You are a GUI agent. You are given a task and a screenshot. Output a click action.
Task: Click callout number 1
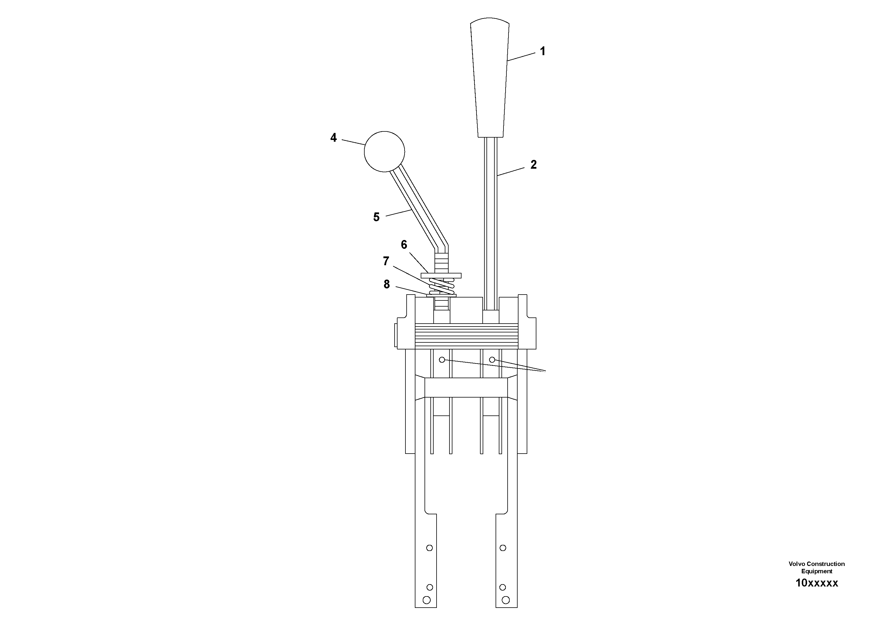(x=543, y=51)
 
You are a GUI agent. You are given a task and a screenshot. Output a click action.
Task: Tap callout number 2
(x=533, y=165)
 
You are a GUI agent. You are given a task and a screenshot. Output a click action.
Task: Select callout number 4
(x=334, y=138)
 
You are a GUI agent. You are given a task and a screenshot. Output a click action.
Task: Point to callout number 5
(x=376, y=217)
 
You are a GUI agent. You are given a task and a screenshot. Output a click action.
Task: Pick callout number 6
(x=404, y=245)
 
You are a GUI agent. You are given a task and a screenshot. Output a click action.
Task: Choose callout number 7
(x=386, y=261)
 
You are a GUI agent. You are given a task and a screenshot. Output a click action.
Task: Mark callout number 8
(x=386, y=284)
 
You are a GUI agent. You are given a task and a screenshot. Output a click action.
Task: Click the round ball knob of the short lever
(x=384, y=151)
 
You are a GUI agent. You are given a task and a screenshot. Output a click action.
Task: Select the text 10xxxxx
(x=816, y=594)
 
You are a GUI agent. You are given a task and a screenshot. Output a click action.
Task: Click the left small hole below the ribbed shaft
(x=442, y=359)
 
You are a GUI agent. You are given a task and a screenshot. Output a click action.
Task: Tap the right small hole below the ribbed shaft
(x=492, y=359)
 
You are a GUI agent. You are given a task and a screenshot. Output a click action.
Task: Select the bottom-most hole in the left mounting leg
(x=426, y=600)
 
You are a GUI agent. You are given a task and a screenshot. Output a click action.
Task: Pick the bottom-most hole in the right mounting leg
(x=506, y=600)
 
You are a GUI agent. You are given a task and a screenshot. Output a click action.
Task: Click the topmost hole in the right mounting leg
(x=503, y=548)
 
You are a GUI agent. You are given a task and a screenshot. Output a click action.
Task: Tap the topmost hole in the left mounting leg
(x=430, y=548)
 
